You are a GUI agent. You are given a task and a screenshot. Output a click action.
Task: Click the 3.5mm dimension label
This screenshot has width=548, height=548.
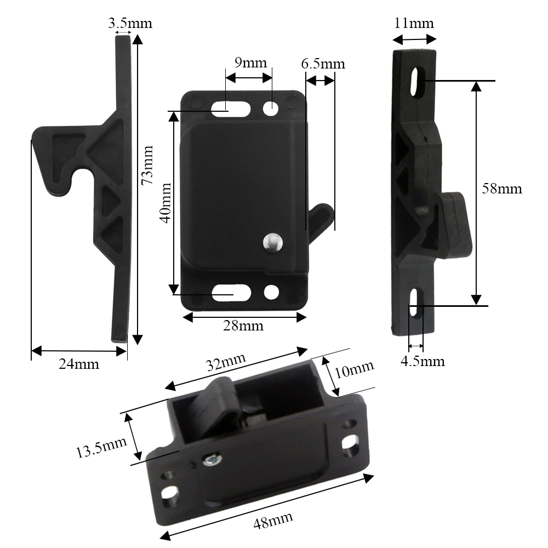[130, 23]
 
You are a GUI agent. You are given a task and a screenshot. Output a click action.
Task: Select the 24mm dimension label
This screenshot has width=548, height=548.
[78, 364]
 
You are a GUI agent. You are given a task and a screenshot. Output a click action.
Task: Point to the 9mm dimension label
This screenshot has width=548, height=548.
[250, 62]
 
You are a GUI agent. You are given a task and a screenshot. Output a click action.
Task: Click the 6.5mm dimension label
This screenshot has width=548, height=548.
[323, 64]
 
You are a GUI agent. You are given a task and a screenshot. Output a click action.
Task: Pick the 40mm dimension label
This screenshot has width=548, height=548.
[165, 203]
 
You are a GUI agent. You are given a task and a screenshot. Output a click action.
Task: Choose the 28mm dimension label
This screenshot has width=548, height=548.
[243, 326]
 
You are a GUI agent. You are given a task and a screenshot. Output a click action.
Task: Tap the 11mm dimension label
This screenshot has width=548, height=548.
[414, 23]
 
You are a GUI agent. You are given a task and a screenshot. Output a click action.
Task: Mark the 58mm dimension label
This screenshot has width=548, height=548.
[502, 189]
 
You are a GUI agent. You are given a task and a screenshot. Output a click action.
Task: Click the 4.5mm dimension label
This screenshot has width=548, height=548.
[423, 361]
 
